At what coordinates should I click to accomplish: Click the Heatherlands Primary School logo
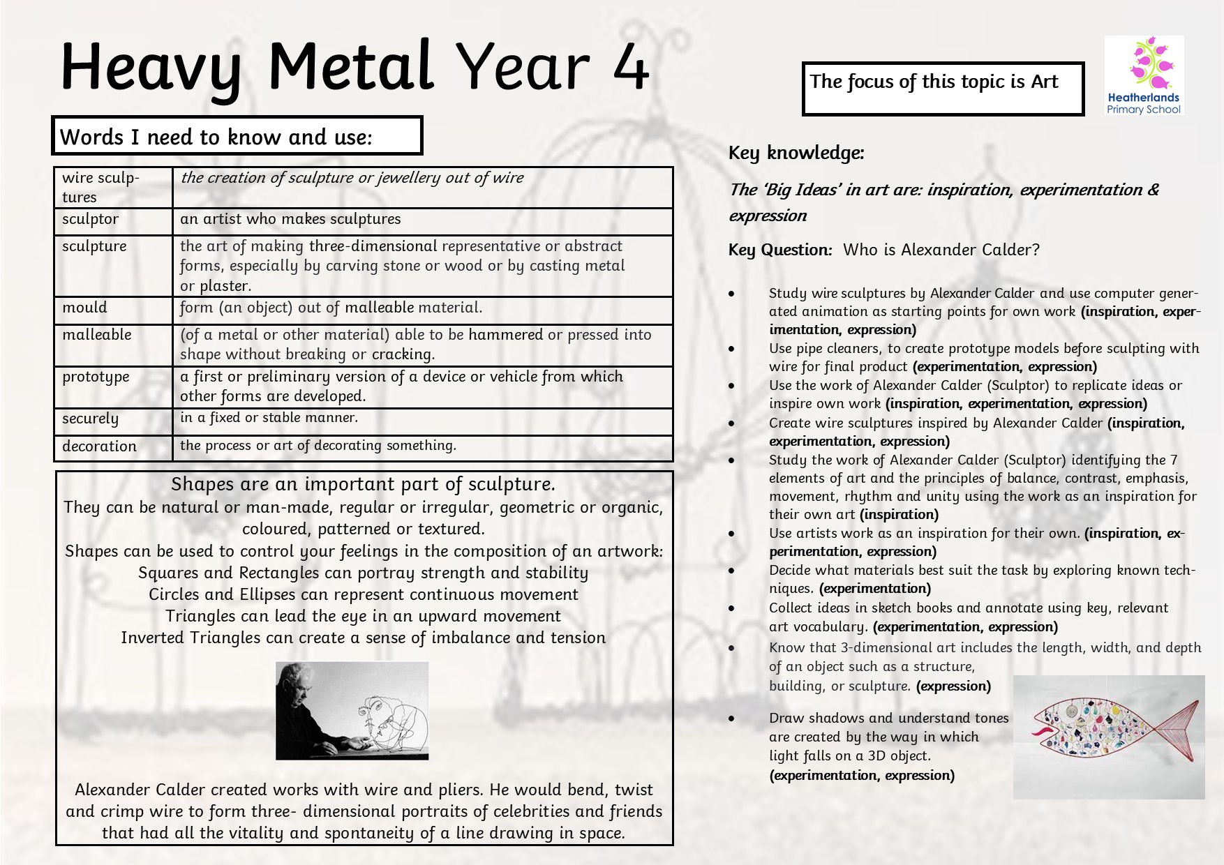1144,75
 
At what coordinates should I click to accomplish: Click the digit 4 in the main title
632,68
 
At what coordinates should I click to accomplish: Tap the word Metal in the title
351,68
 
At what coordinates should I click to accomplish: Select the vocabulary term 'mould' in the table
84,308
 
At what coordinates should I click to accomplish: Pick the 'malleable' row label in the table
96,335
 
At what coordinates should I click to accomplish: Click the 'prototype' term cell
96,377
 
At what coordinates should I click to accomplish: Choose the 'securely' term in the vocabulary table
90,419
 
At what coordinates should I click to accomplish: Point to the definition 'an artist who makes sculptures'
290,219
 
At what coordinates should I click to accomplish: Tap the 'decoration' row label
99,446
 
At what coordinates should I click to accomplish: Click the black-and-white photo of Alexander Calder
352,710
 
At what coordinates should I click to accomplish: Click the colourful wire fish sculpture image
1108,736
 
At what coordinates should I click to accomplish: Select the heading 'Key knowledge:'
796,153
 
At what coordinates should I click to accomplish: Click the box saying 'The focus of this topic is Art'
943,89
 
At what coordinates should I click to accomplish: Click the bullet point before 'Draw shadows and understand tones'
731,719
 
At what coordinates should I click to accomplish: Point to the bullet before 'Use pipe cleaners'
731,349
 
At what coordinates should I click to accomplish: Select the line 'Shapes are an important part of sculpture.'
363,484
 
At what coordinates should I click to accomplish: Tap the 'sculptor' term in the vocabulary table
90,219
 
